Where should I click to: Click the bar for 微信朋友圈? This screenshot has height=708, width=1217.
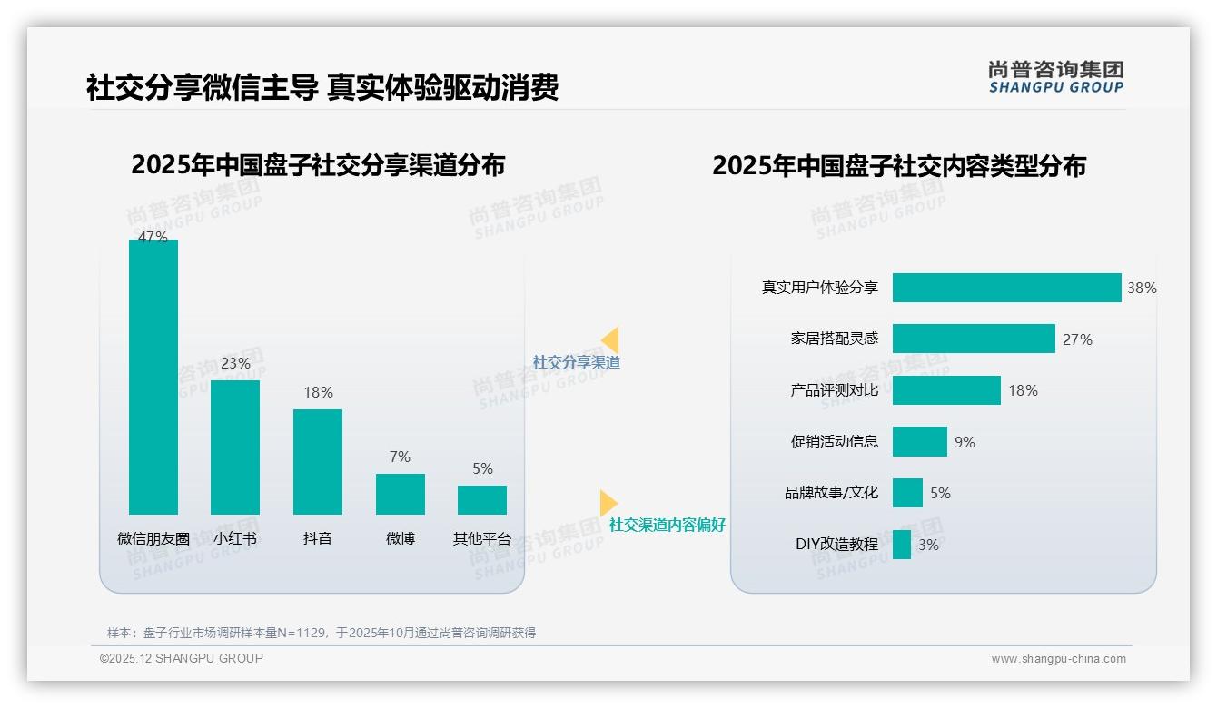[153, 377]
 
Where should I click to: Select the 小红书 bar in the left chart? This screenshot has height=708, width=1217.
[235, 447]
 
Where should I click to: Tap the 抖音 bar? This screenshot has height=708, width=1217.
[318, 461]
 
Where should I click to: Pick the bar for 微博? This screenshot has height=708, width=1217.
[401, 494]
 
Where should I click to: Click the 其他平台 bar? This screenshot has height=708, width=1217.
[482, 500]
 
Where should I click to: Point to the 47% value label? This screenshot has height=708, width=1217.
[153, 237]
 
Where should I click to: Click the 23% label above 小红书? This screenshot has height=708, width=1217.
[235, 363]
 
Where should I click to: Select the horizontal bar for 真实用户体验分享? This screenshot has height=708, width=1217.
[1006, 288]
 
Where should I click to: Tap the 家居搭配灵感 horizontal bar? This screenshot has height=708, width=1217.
[974, 339]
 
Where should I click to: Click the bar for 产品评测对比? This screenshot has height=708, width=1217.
[946, 390]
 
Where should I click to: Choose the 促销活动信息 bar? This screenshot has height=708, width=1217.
[919, 442]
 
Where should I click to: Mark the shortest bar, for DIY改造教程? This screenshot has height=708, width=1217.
[902, 545]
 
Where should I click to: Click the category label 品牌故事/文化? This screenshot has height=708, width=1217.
[832, 494]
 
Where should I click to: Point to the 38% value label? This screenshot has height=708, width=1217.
[1142, 288]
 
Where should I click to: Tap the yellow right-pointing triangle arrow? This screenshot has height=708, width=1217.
[608, 503]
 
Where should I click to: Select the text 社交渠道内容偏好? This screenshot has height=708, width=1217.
[668, 526]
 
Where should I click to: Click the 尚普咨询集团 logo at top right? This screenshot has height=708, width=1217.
[1056, 77]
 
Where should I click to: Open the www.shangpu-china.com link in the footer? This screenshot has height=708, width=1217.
[1058, 659]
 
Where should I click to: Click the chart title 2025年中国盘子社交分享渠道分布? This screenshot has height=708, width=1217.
[318, 165]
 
